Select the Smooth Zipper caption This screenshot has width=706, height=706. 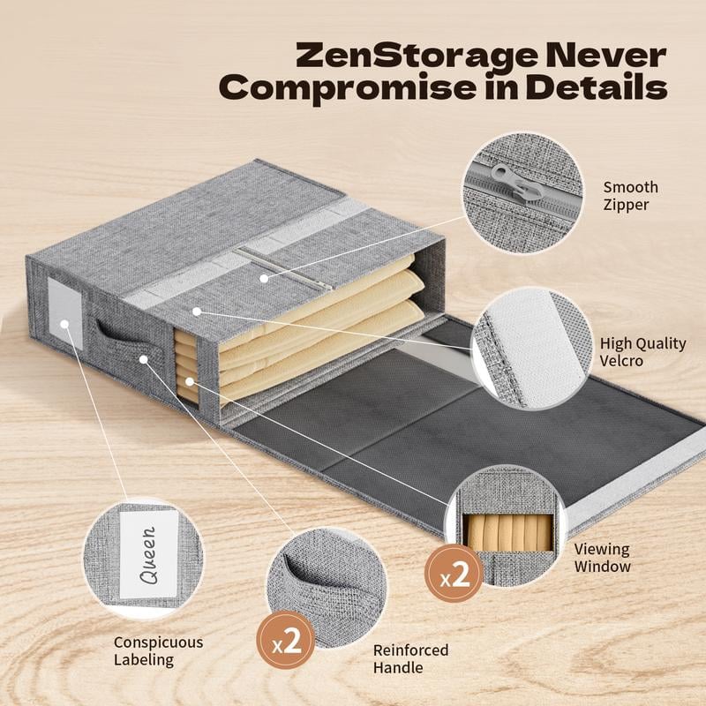tap(630, 196)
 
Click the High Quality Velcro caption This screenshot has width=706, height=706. tap(642, 351)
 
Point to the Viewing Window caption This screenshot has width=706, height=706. tap(603, 558)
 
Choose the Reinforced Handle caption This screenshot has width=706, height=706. tap(410, 658)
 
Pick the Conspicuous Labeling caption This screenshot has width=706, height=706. tap(158, 651)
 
